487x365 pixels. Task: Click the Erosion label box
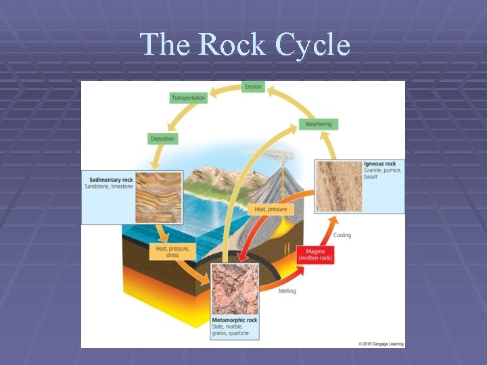click(253, 87)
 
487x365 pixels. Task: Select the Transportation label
click(188, 98)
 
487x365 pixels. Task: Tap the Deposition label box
click(163, 139)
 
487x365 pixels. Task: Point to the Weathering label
click(319, 124)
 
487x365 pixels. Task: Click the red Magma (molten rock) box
click(316, 254)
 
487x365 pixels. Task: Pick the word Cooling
click(342, 235)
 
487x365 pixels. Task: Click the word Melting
click(287, 291)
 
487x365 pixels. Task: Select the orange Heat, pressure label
click(271, 209)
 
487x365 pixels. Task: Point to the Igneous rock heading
click(380, 164)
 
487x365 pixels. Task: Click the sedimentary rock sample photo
click(158, 197)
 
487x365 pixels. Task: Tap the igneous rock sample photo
click(338, 187)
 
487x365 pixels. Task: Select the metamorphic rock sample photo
click(235, 289)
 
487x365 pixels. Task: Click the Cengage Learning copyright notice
click(381, 344)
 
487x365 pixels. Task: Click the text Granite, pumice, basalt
click(382, 174)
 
